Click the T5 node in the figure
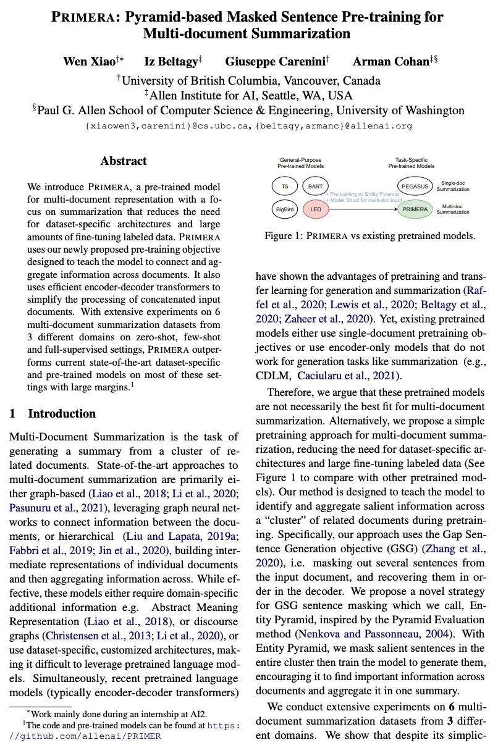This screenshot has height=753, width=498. point(284,185)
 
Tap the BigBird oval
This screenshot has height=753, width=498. point(284,209)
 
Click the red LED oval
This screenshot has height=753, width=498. point(316,209)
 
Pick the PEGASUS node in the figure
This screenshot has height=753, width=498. point(415,185)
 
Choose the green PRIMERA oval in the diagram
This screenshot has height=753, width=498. point(415,209)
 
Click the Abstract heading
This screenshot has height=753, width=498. point(124,161)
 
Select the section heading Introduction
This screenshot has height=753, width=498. point(62,413)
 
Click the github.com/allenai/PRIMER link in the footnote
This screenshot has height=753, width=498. point(87,736)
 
